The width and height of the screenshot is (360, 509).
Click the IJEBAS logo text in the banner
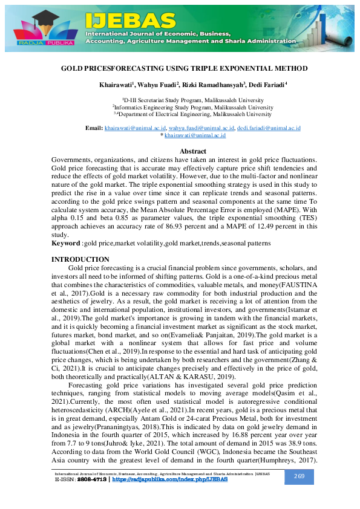click(x=130, y=20)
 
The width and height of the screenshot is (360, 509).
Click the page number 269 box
click(x=298, y=476)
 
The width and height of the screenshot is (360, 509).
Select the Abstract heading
click(x=193, y=151)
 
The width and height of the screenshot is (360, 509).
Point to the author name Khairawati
click(x=116, y=84)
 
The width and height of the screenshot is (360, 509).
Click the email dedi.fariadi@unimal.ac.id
click(x=269, y=128)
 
